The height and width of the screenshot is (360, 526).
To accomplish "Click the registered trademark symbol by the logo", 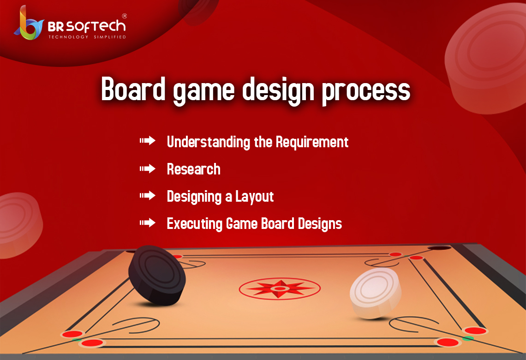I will click(124, 16).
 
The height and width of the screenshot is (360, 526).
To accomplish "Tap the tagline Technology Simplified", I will click(87, 37).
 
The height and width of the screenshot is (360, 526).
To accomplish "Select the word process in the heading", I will click(366, 91).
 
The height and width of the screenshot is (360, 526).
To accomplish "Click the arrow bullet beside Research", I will click(148, 169).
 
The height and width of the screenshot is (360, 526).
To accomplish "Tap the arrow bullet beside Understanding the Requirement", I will click(148, 141).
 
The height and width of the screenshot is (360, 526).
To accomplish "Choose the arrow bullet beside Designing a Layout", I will click(148, 196).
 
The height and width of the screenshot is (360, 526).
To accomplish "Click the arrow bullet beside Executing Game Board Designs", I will click(148, 223).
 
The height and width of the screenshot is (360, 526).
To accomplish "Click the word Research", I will click(193, 169).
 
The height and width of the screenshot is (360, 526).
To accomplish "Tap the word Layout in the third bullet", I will click(255, 197).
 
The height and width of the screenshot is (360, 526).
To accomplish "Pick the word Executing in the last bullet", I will click(194, 224).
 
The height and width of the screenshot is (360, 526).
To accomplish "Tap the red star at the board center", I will click(280, 288).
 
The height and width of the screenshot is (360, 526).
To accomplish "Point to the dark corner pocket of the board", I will click(439, 248).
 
